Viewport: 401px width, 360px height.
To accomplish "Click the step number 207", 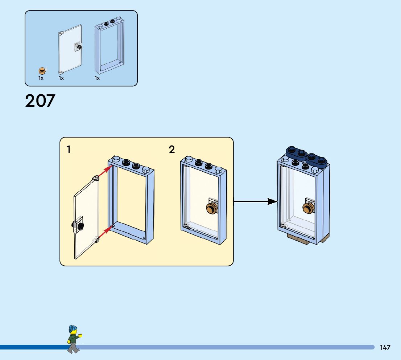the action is (40, 101).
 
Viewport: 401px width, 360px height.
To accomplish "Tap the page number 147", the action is (385, 347).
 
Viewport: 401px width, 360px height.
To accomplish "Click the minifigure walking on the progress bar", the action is (74, 340).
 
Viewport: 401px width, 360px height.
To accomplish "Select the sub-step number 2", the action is (172, 150).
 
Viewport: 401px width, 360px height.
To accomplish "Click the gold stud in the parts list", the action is (42, 70).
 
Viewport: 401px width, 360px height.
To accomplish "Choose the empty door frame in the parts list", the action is (109, 47).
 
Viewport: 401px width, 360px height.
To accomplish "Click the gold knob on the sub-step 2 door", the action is (211, 209).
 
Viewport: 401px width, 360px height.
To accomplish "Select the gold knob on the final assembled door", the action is (308, 209).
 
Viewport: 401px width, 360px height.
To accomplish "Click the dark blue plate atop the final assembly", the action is (307, 155).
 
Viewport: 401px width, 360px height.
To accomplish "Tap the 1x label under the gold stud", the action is (41, 78).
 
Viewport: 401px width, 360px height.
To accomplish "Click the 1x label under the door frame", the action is (97, 78).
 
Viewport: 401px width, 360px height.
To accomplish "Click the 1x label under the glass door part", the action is (61, 78).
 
